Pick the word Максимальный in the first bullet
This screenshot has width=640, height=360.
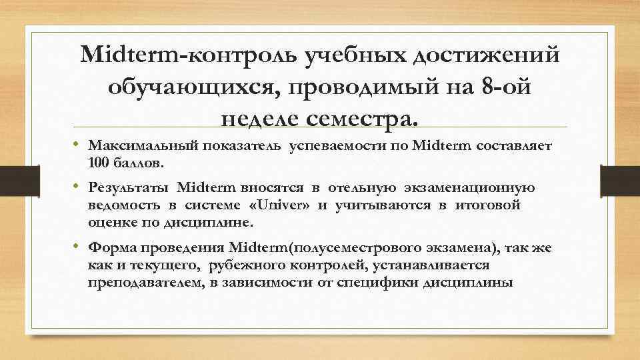(140, 145)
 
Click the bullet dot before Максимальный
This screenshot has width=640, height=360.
(77, 145)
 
